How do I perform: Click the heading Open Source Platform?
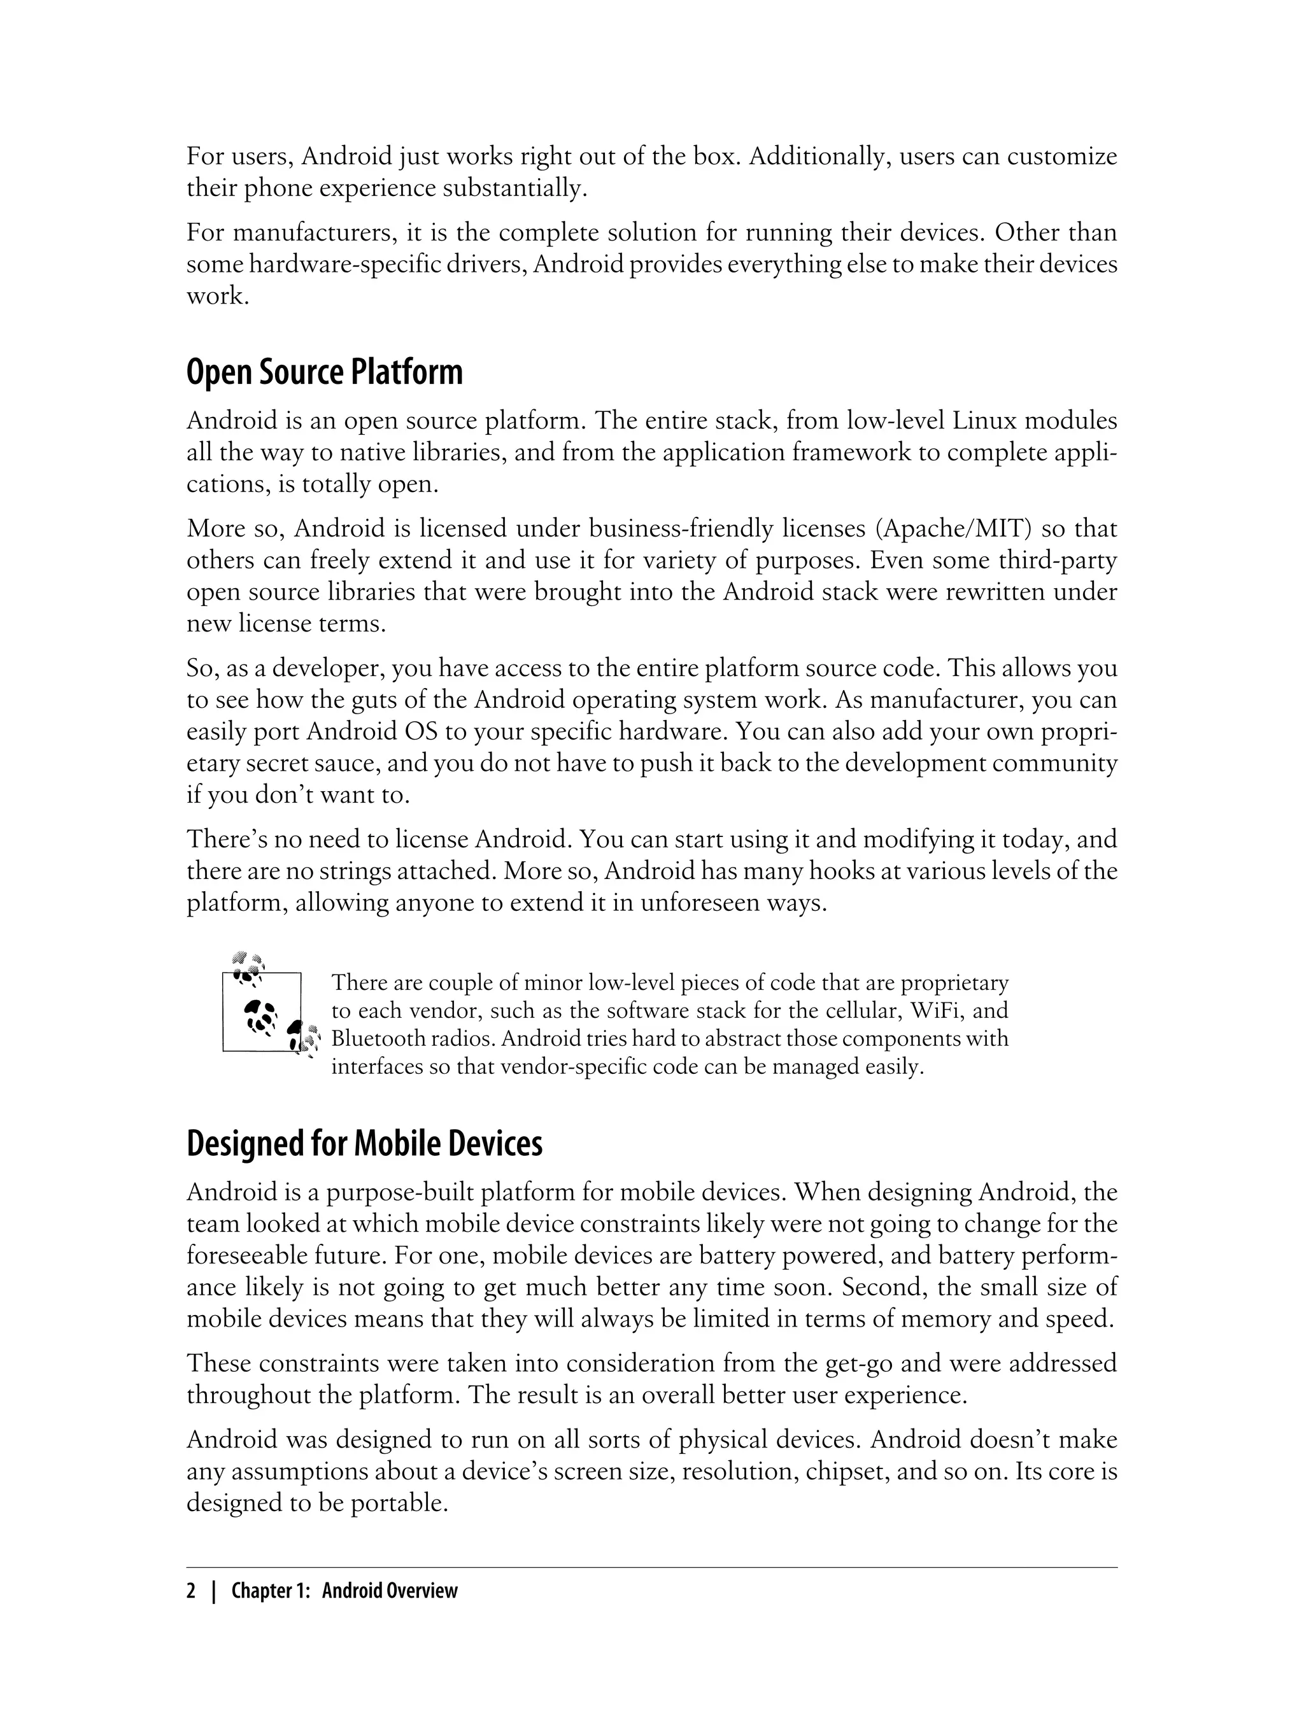(x=325, y=373)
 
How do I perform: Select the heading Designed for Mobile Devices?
(x=364, y=1144)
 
